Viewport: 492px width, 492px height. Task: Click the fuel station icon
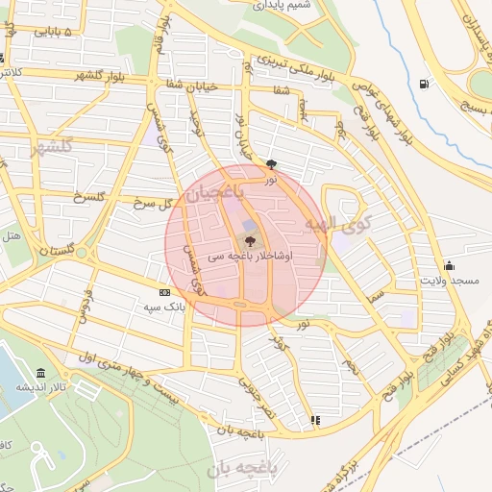(423, 83)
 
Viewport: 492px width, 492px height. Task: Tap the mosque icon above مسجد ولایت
(448, 266)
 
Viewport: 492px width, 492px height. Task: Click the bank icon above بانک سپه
(164, 292)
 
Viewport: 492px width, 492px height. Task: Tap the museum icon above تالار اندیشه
(40, 373)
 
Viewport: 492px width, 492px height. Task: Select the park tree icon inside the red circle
(250, 241)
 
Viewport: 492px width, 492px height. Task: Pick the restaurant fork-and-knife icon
(315, 420)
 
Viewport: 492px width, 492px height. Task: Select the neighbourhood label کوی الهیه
(331, 225)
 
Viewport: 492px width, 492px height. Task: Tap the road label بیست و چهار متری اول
(140, 371)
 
